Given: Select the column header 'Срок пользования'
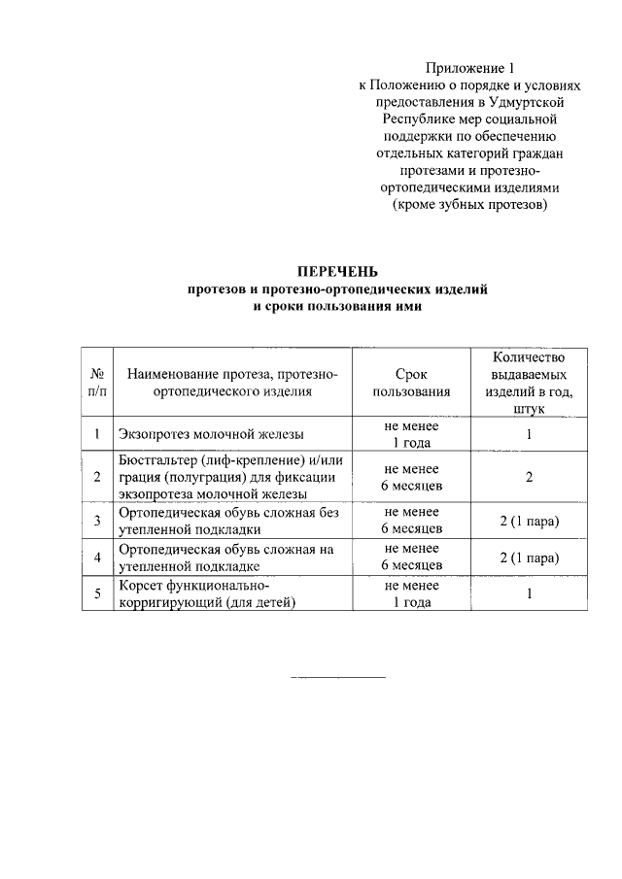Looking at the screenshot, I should click(410, 383).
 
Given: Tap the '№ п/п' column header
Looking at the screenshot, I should click(97, 383).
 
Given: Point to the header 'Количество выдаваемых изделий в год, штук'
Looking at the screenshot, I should click(529, 383).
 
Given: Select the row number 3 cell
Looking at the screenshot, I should click(97, 520).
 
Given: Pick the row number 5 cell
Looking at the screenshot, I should click(97, 593).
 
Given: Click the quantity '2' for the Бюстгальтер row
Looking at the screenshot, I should click(529, 477).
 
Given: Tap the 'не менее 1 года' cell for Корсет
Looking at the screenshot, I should click(410, 593).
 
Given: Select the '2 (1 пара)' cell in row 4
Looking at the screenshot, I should click(529, 557).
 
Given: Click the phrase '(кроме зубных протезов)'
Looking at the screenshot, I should click(468, 206).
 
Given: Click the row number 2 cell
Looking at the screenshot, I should click(97, 477).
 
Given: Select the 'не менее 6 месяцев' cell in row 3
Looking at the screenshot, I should click(410, 520).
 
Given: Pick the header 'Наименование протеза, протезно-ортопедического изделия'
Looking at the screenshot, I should click(231, 383).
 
